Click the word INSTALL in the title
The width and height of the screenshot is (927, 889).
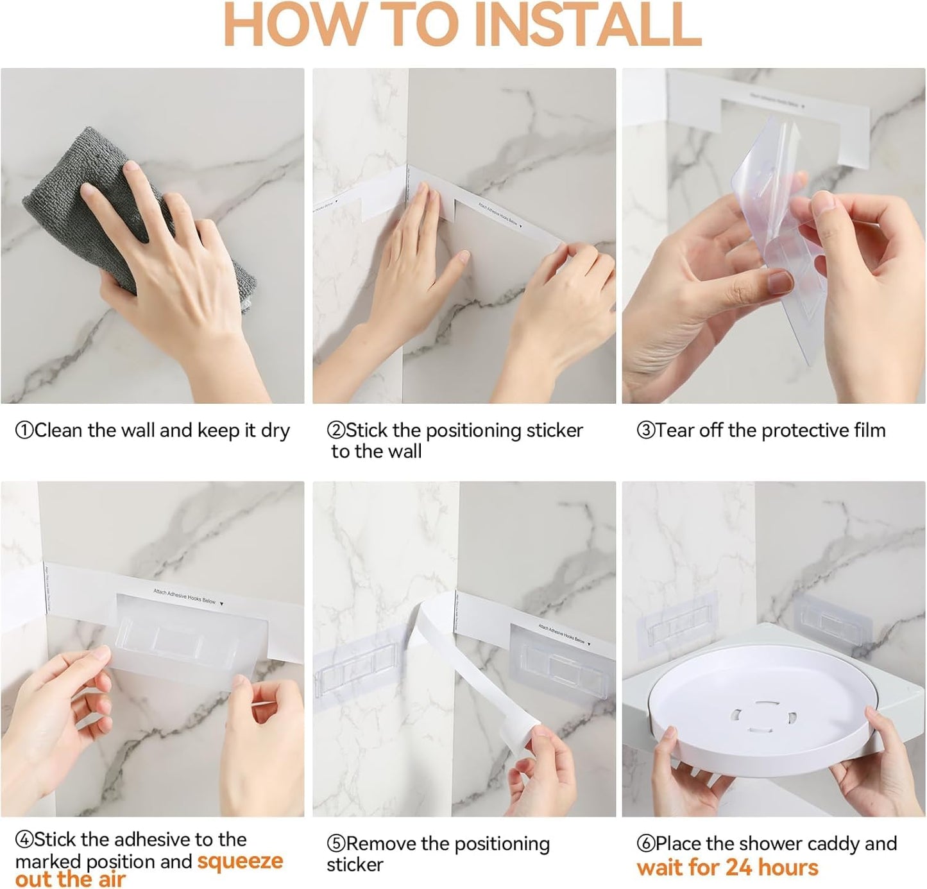(x=591, y=26)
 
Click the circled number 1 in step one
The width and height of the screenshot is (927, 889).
(x=24, y=431)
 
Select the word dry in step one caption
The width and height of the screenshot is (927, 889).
(x=275, y=431)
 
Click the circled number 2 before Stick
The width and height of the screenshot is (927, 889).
(x=336, y=431)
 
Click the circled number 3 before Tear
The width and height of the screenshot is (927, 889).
(x=645, y=431)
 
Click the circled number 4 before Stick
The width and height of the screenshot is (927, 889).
(x=24, y=840)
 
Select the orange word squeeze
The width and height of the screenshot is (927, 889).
(x=239, y=861)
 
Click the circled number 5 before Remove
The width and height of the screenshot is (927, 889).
(x=336, y=844)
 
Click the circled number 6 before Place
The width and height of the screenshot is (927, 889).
(x=645, y=844)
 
